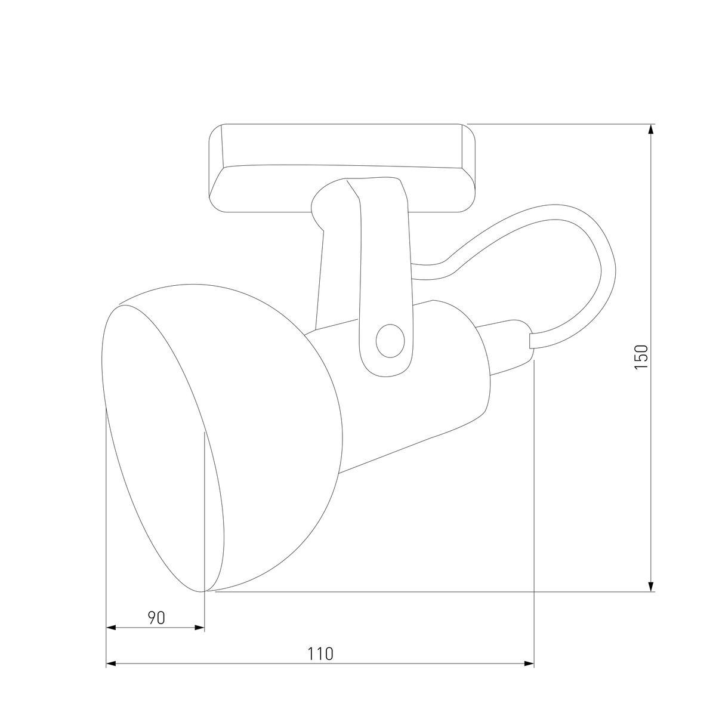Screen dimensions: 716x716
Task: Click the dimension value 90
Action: coord(156,618)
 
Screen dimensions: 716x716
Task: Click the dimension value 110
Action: coord(320,653)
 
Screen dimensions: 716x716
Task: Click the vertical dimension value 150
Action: coord(641,357)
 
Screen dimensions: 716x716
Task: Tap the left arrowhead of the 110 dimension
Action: coord(112,663)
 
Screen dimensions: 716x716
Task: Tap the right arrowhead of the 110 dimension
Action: coord(528,663)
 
